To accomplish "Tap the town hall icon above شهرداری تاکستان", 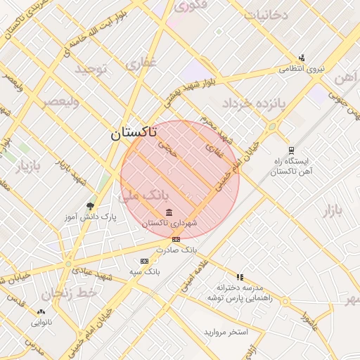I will (x=169, y=212).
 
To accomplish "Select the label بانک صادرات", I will (x=179, y=250).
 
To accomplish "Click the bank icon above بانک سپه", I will (x=145, y=261).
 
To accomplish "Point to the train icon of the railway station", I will (x=291, y=150).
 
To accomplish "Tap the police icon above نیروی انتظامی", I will (x=302, y=58).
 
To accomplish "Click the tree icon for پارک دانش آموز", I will (x=89, y=206).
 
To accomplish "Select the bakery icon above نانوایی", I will (x=41, y=311).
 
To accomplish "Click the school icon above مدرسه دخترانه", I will (x=240, y=277).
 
